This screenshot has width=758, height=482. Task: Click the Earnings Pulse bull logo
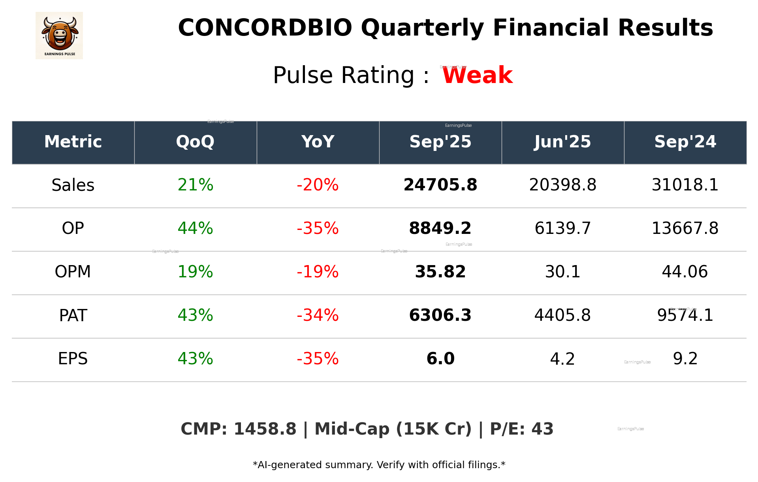(59, 35)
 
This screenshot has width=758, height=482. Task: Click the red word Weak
(477, 75)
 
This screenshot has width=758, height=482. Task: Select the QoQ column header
(195, 142)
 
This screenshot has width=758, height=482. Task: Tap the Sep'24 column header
(685, 142)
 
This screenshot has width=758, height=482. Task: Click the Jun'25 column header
(562, 142)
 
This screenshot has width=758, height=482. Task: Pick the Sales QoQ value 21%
(195, 185)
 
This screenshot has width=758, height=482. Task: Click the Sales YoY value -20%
(318, 185)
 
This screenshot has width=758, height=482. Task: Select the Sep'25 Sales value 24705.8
(440, 185)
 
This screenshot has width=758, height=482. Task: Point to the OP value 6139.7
(562, 228)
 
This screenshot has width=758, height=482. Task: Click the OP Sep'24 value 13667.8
(685, 228)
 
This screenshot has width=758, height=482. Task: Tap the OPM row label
(73, 272)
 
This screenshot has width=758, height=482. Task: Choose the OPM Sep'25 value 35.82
(440, 272)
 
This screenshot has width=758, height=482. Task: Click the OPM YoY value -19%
(318, 272)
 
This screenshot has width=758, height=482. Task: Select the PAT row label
(73, 315)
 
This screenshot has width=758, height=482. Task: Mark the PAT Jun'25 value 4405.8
(562, 315)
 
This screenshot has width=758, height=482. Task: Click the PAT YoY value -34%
(318, 315)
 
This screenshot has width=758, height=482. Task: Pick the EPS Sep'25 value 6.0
(440, 359)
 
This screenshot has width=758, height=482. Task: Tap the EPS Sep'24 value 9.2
(685, 359)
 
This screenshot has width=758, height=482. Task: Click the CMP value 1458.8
(265, 429)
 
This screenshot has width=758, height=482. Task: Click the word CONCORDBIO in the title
(265, 28)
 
